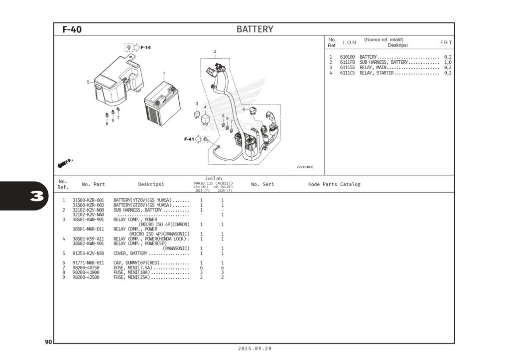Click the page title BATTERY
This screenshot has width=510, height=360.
[x=255, y=29]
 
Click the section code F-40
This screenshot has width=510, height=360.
[x=72, y=30]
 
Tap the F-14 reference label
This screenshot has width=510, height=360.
[x=145, y=48]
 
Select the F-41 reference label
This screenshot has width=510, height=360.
[x=189, y=139]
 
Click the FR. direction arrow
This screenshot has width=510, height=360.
[x=65, y=163]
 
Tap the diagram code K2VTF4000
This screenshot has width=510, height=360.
[x=305, y=167]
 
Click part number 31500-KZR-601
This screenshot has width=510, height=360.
[x=88, y=200]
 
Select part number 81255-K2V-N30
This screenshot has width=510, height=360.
[x=88, y=253]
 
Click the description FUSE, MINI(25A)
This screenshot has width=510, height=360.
[x=132, y=277]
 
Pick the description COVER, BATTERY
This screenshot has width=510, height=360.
[x=130, y=253]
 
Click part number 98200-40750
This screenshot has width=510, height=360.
[x=86, y=268]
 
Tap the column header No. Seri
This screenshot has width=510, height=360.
[x=262, y=184]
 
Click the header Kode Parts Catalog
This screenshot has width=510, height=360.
[x=334, y=184]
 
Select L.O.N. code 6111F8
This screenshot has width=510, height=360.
[x=348, y=62]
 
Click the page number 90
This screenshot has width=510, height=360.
[x=48, y=342]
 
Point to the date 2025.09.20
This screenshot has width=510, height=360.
[x=255, y=349]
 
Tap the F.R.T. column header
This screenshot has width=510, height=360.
[x=446, y=43]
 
